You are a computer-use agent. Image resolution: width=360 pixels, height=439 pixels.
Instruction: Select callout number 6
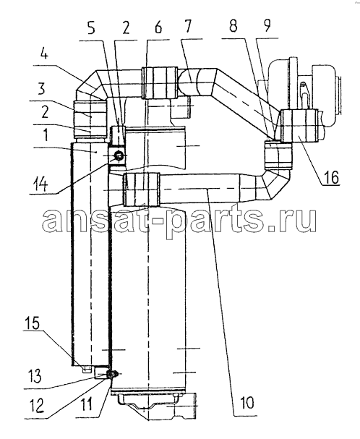(x=158, y=27)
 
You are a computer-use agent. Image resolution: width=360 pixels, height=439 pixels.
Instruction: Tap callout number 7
(x=188, y=26)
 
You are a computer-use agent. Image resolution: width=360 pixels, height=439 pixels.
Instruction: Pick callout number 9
(x=267, y=25)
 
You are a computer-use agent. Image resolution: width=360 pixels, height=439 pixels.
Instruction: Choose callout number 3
(x=41, y=88)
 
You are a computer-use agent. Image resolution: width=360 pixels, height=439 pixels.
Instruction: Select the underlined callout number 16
(x=332, y=177)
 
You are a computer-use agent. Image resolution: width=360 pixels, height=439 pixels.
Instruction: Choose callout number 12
(x=36, y=405)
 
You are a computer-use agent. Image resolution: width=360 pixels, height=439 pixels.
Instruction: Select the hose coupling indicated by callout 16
(x=299, y=126)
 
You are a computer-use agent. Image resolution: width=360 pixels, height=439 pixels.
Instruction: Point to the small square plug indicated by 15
(x=86, y=370)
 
